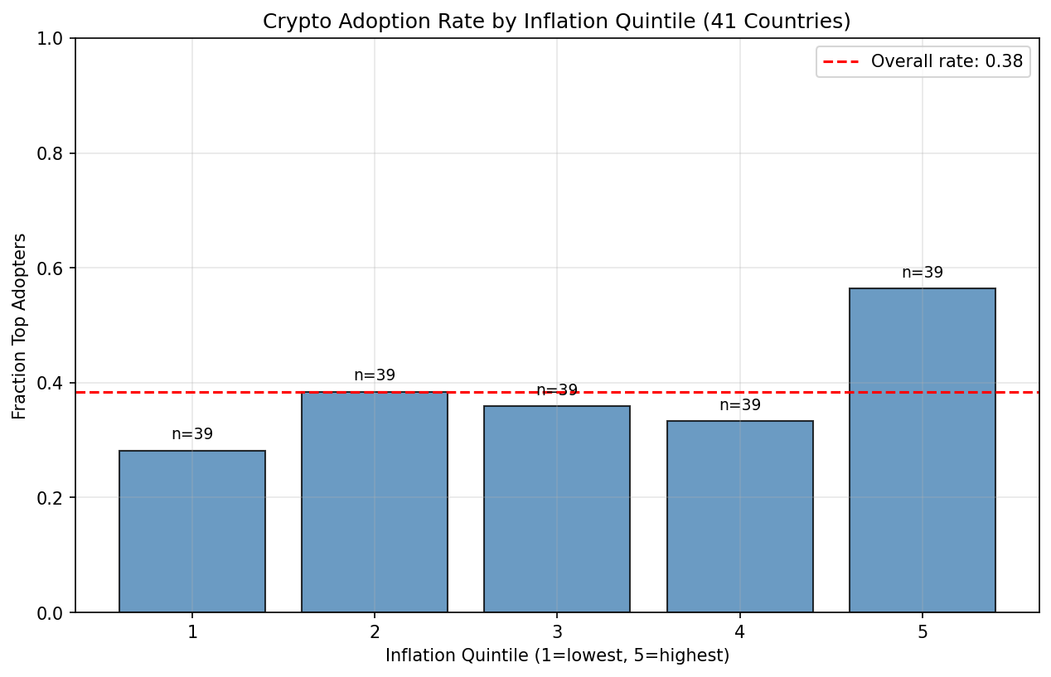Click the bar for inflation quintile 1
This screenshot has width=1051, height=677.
pos(192,531)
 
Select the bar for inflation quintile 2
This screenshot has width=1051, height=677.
pos(375,502)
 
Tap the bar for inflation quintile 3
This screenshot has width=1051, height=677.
pos(557,509)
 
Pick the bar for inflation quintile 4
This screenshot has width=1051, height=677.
pos(739,516)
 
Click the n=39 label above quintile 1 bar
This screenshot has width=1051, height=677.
pos(192,434)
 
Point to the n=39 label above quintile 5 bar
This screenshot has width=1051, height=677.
pos(922,273)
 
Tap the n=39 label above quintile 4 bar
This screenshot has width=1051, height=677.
pos(739,405)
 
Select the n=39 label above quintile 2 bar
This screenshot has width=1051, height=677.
pos(375,375)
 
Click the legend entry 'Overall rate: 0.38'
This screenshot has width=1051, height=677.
pos(947,61)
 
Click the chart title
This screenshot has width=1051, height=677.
pos(556,22)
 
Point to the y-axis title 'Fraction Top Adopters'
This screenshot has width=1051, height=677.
pos(20,326)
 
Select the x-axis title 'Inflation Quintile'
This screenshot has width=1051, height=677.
pos(557,655)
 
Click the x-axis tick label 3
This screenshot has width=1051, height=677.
pos(557,631)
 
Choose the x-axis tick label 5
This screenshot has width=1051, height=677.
pos(922,631)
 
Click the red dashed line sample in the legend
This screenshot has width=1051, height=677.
pos(842,61)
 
